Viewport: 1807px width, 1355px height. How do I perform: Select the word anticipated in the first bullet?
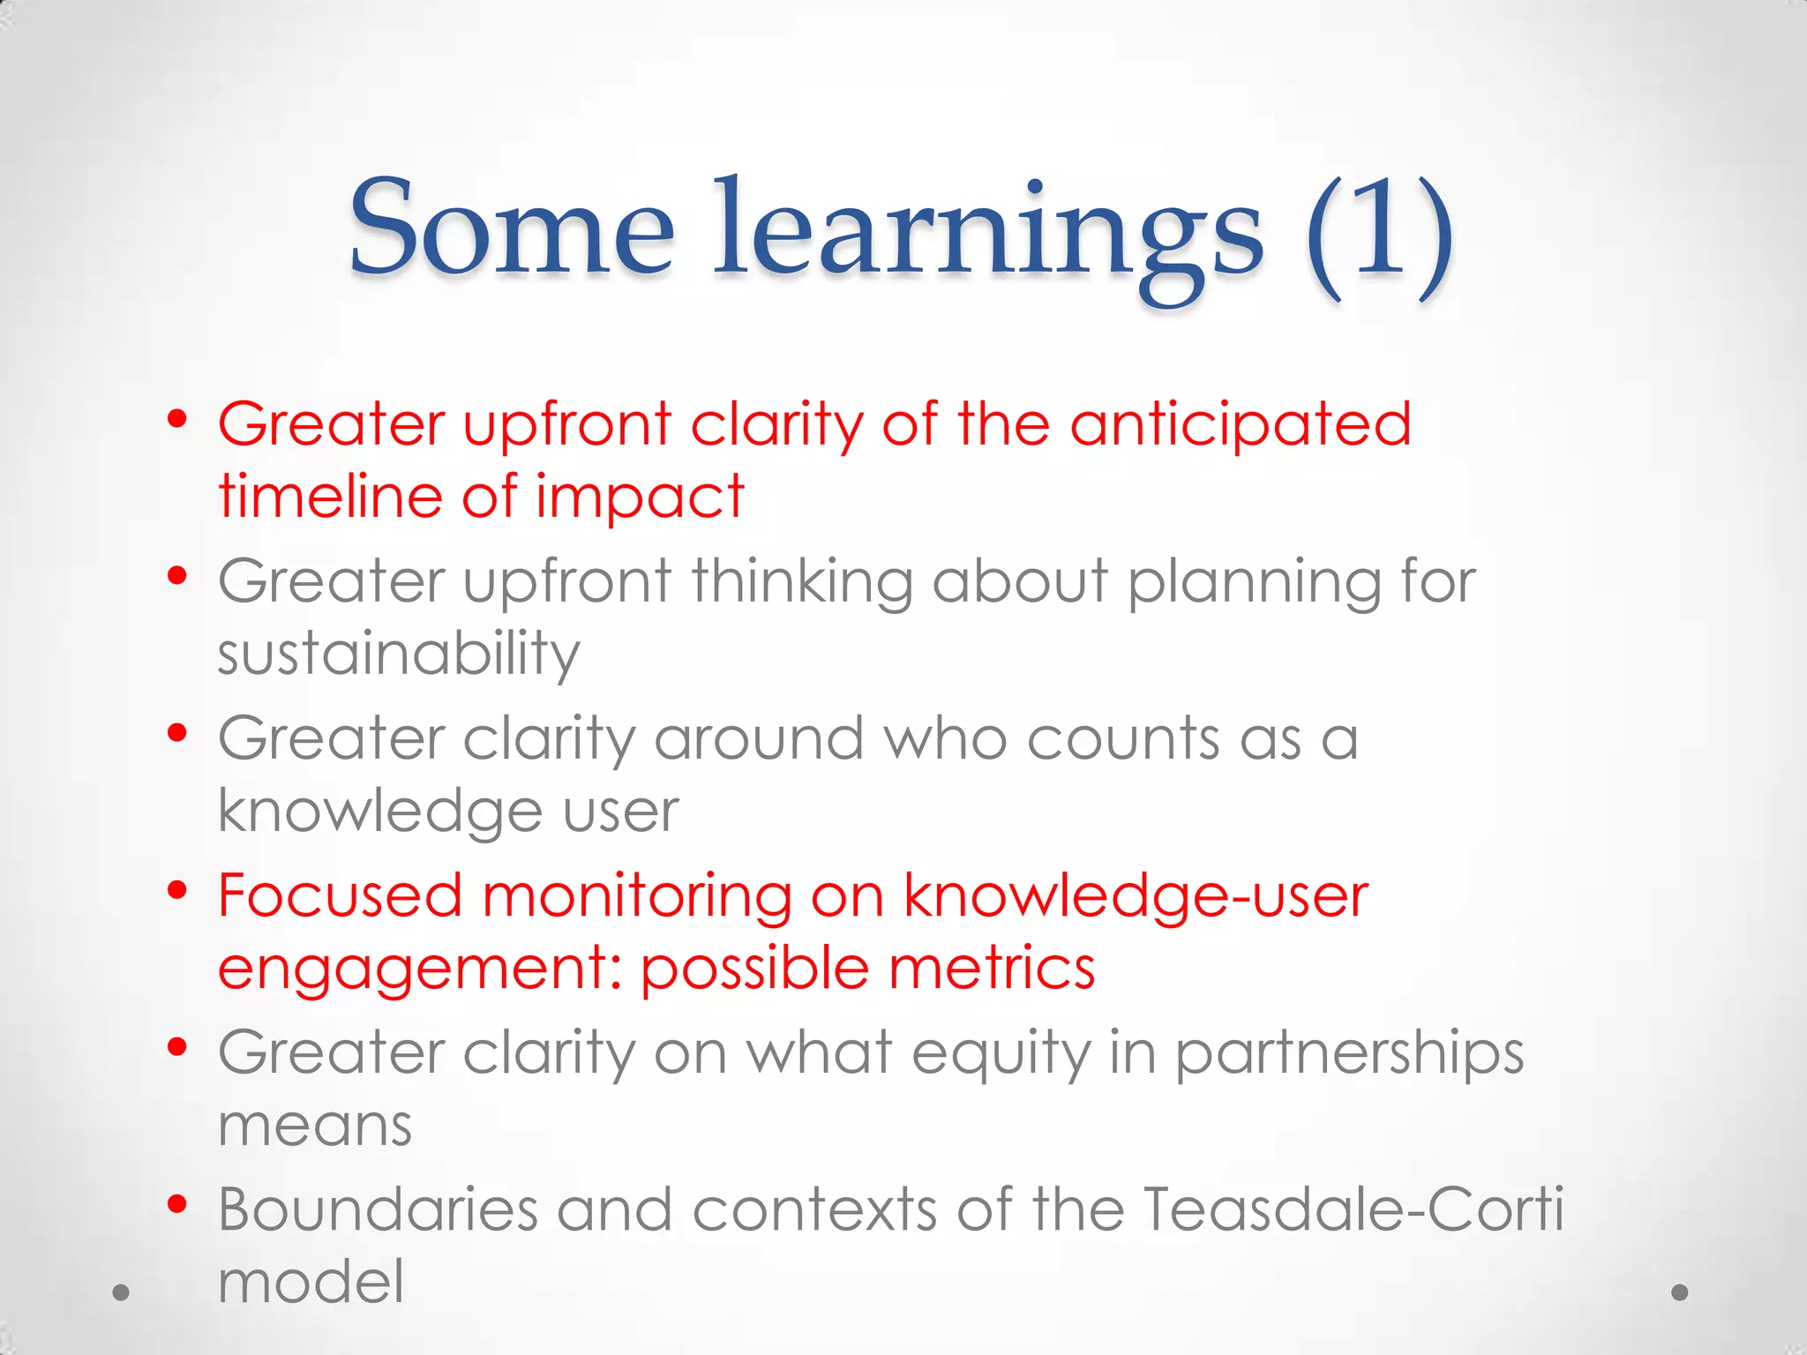tap(1241, 425)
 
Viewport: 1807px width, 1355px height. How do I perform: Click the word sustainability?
tap(399, 655)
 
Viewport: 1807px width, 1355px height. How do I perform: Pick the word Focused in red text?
tap(340, 896)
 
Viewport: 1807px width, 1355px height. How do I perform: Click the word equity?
tap(1001, 1055)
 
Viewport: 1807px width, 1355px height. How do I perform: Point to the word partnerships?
tap(1349, 1055)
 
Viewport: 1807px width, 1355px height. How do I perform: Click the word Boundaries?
tap(378, 1210)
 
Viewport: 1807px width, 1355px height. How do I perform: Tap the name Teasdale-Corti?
tap(1353, 1210)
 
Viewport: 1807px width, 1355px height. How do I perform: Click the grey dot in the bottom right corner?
tap(1680, 1292)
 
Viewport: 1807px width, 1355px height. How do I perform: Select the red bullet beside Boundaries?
tap(177, 1204)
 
